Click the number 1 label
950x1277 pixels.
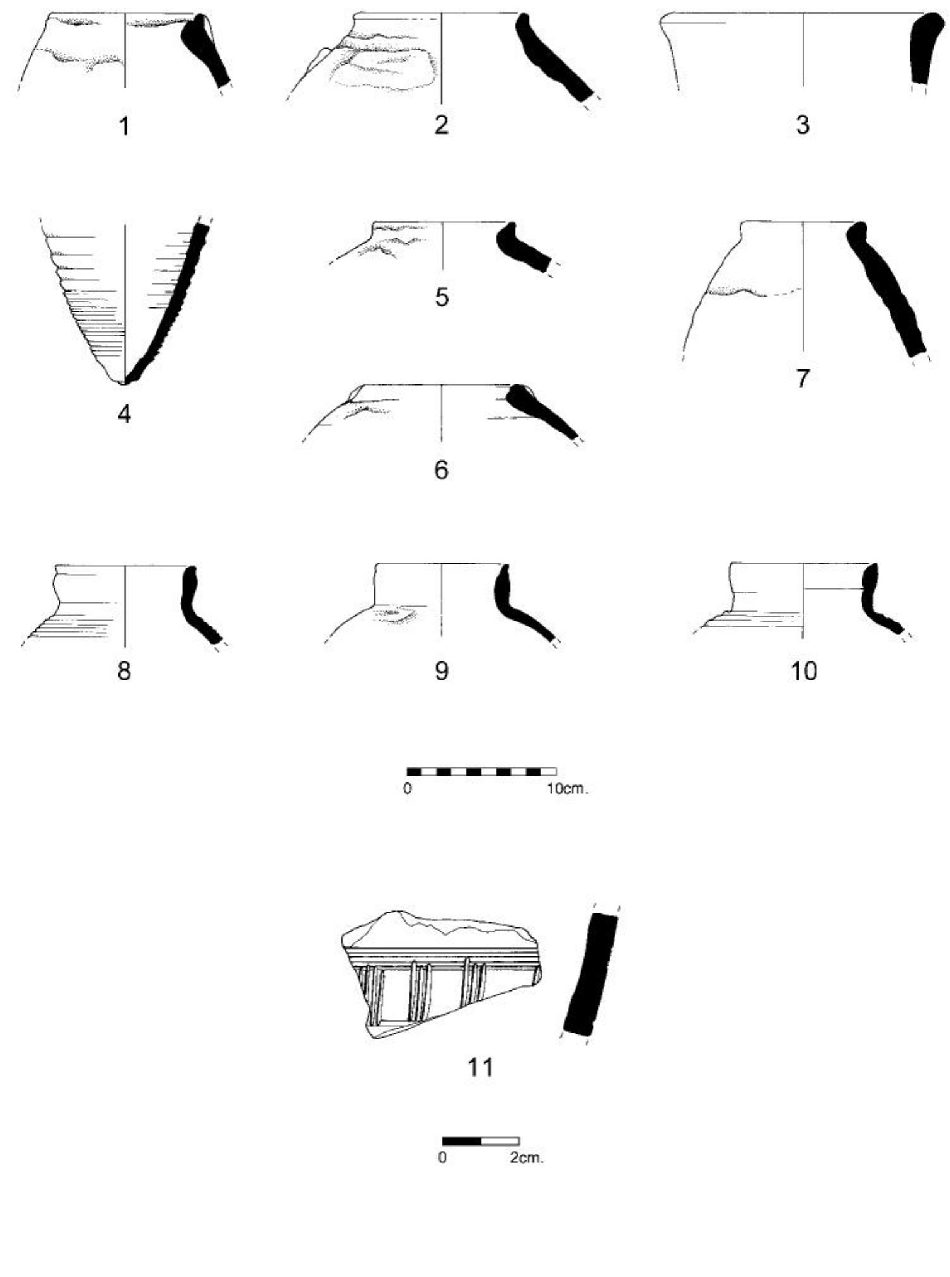125,127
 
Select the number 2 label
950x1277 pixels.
442,125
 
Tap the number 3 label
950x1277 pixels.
803,125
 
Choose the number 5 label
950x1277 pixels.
442,297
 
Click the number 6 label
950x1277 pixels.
442,469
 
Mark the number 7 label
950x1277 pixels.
802,379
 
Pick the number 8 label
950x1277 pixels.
124,671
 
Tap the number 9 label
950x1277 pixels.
442,671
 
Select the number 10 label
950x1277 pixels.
803,671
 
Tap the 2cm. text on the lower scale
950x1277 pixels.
527,1158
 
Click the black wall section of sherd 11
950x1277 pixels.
590,973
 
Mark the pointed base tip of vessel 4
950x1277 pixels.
125,382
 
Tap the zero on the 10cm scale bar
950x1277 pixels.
408,788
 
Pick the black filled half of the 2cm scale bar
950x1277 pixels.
462,1141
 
